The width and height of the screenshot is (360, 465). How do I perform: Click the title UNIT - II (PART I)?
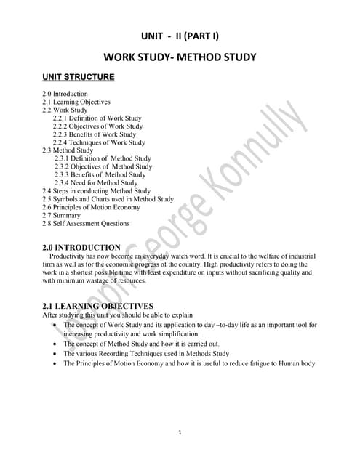point(180,37)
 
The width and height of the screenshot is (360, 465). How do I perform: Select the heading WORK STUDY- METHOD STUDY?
point(180,57)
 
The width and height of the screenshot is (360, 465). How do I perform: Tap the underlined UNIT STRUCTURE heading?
point(78,76)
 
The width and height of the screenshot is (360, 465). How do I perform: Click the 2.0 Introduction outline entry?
point(65,94)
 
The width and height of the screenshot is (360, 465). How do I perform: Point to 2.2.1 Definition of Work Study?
point(97,118)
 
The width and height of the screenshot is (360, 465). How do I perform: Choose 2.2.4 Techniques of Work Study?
point(99,142)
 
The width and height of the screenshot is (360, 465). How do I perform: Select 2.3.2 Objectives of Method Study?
point(103,166)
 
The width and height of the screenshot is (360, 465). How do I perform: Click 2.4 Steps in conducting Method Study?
point(97,191)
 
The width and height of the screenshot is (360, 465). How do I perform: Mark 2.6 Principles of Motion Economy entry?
point(95,207)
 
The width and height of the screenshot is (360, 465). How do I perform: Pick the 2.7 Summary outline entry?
point(62,215)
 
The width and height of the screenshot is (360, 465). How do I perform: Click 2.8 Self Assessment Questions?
point(86,224)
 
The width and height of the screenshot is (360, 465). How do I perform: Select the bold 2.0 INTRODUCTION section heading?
point(81,247)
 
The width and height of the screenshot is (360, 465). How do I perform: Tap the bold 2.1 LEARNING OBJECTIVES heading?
point(98,306)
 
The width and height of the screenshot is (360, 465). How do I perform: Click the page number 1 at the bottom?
point(180,433)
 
